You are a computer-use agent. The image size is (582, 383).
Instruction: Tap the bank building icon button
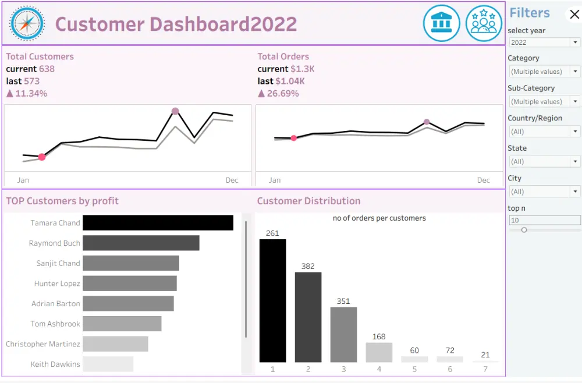(x=442, y=23)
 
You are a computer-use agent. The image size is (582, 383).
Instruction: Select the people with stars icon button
(x=484, y=23)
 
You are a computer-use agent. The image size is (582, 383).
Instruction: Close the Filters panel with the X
(x=574, y=15)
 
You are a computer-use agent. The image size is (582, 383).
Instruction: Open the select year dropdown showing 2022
(x=544, y=42)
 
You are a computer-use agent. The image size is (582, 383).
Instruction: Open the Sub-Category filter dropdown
(x=544, y=101)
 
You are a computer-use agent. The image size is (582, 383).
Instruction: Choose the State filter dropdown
(x=544, y=161)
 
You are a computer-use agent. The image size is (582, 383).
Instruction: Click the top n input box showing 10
(x=544, y=221)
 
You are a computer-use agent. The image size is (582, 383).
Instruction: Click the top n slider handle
(x=524, y=230)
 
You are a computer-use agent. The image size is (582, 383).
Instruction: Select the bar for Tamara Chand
(x=158, y=223)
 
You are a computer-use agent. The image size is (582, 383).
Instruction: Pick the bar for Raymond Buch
(x=141, y=243)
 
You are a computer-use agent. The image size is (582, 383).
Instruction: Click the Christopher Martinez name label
(x=43, y=344)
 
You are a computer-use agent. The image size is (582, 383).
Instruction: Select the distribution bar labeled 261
(x=272, y=300)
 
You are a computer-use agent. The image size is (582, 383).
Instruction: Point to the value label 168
(x=379, y=336)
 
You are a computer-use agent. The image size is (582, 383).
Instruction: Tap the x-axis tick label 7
(x=485, y=369)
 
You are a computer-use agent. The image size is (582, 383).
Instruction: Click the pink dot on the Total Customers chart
(x=42, y=157)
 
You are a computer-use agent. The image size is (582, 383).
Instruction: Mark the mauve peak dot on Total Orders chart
(x=427, y=122)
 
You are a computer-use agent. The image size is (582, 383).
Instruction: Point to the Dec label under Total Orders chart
(x=484, y=180)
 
